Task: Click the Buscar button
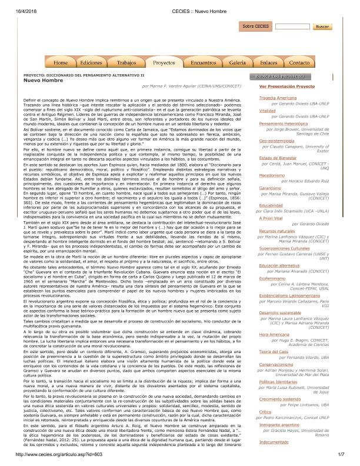click(x=321, y=26)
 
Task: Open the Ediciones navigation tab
click(x=91, y=62)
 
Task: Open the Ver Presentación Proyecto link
click(x=282, y=86)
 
